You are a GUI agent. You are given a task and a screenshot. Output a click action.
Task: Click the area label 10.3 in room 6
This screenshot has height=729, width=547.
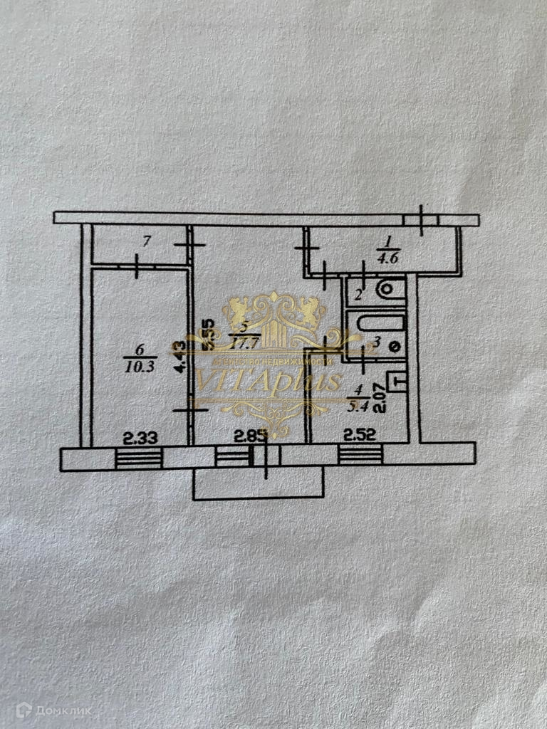138,366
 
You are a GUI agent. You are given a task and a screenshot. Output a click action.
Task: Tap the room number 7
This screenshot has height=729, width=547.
146,242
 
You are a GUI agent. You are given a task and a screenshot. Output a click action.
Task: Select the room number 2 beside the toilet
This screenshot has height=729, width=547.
359,293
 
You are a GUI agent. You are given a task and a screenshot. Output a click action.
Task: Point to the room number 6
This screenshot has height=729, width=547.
137,349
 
